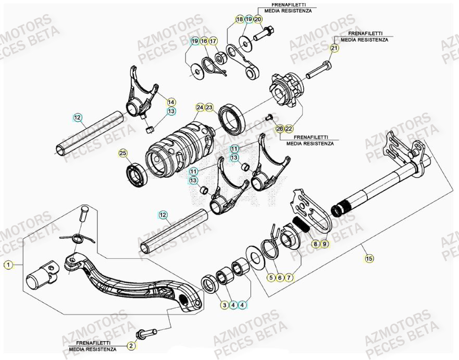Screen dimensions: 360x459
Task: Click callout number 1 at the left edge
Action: pos(8,265)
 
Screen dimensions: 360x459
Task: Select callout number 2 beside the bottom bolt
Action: pos(131,345)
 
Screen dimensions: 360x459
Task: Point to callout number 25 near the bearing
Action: pos(122,153)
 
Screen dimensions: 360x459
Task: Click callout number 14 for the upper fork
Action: pos(171,102)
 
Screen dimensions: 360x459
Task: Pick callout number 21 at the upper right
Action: pos(334,48)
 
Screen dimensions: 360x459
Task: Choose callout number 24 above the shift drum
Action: pos(200,107)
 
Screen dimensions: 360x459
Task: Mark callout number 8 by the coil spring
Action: pos(315,243)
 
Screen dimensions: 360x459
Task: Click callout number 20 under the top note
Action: pos(258,19)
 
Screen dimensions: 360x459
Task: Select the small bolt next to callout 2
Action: pos(146,332)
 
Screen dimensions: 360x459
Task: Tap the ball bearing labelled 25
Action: pos(139,174)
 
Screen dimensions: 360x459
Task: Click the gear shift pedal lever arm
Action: pos(130,281)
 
